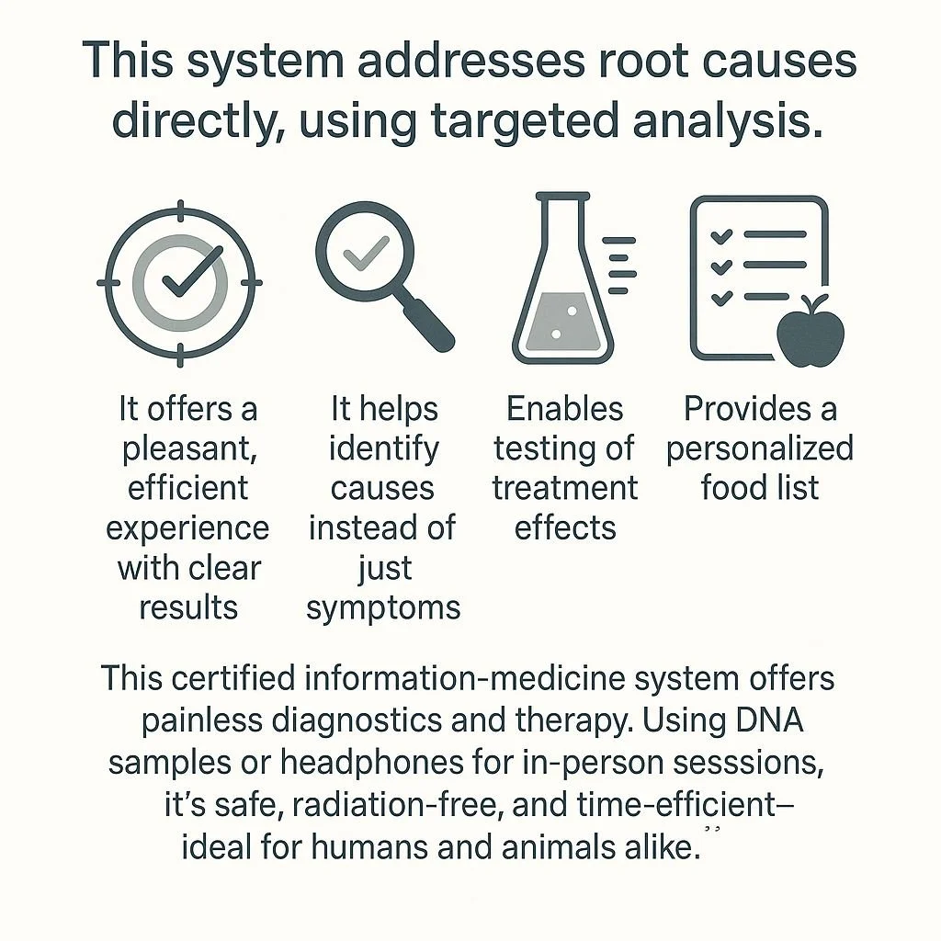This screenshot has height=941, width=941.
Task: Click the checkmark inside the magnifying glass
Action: [366, 250]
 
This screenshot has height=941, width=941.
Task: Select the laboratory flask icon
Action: [561, 280]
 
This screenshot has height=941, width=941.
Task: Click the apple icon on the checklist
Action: [811, 331]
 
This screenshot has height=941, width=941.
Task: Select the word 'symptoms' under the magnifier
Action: [383, 607]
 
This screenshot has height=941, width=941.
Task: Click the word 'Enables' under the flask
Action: [565, 409]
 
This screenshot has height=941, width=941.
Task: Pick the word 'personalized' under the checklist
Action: [760, 448]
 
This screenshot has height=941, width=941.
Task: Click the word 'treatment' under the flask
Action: [565, 488]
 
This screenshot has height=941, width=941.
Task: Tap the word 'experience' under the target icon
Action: [187, 528]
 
